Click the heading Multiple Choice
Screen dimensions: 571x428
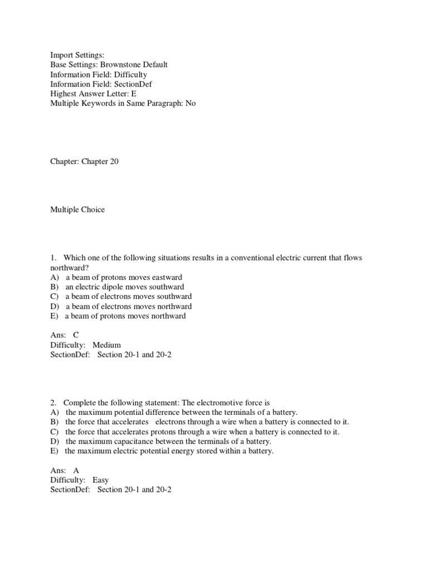(77, 210)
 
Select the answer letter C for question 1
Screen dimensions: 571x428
(76, 335)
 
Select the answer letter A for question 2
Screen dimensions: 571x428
(76, 470)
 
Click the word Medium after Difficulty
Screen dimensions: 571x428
(106, 345)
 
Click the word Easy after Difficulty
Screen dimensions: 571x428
(101, 480)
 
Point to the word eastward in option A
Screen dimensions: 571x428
(164, 277)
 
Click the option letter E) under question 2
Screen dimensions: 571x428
(54, 451)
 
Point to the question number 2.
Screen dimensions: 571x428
(53, 402)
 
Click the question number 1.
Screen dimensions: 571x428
(53, 258)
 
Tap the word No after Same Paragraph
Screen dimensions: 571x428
(191, 103)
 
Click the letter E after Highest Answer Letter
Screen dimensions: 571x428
(134, 94)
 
